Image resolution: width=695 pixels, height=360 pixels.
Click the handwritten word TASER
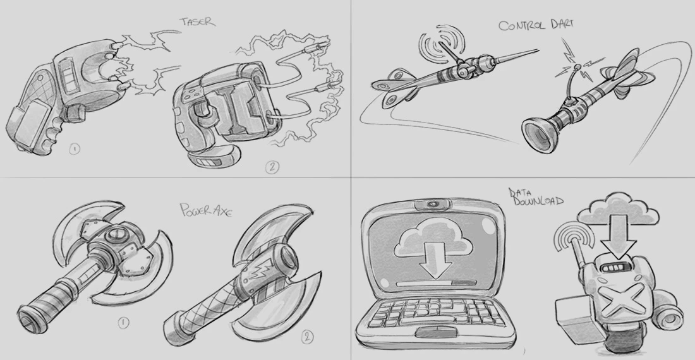[x=198, y=21]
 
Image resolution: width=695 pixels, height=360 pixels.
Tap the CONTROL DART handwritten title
[x=536, y=25]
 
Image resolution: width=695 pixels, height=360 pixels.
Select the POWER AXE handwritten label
[x=206, y=209]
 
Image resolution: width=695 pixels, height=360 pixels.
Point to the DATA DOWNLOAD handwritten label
[x=536, y=197]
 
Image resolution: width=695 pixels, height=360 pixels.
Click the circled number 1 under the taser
[x=75, y=149]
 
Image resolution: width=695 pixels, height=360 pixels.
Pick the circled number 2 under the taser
[x=272, y=167]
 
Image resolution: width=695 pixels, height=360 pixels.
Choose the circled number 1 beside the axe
[x=123, y=323]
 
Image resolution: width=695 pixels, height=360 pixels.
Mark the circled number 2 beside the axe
[x=307, y=337]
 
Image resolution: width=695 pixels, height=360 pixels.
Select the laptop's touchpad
[x=435, y=333]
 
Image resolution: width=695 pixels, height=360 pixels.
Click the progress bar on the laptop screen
[x=437, y=283]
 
